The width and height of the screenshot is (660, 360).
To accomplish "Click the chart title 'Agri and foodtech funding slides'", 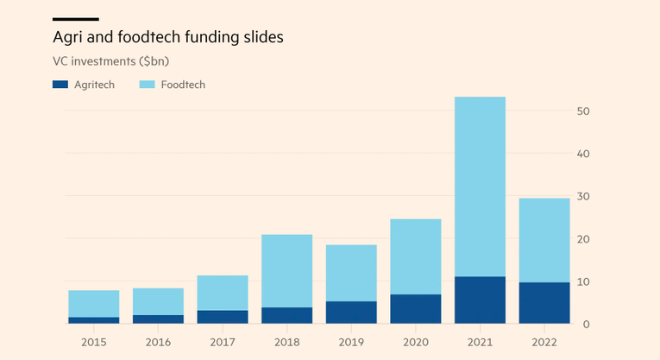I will pos(168,38).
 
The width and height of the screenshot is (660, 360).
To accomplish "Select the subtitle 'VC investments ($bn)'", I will pos(112,61).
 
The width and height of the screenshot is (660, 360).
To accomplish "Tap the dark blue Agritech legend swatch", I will pos(60,85).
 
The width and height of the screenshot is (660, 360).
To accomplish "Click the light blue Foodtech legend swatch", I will pos(146,85).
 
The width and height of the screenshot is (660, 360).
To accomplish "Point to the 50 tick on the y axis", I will pos(583,111).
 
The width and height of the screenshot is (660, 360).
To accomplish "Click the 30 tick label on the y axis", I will pos(583,197).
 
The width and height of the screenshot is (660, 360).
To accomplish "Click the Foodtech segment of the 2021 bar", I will pos(480,186).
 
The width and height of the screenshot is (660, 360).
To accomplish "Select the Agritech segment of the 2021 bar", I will pos(480,300).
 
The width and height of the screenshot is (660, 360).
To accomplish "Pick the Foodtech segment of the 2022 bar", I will pos(544,240).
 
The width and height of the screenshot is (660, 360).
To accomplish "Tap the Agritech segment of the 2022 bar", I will pos(544,303).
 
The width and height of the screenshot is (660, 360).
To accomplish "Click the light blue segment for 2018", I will pos(286,271).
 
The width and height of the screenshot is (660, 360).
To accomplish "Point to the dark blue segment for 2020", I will pos(416,309).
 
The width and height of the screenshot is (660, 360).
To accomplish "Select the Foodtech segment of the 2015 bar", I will pos(93,304).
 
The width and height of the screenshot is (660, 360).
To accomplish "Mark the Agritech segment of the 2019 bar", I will pos(351,313).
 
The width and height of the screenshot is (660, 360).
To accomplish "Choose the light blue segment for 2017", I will pos(223,293).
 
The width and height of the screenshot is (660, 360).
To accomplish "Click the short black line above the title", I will pos(76,19).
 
